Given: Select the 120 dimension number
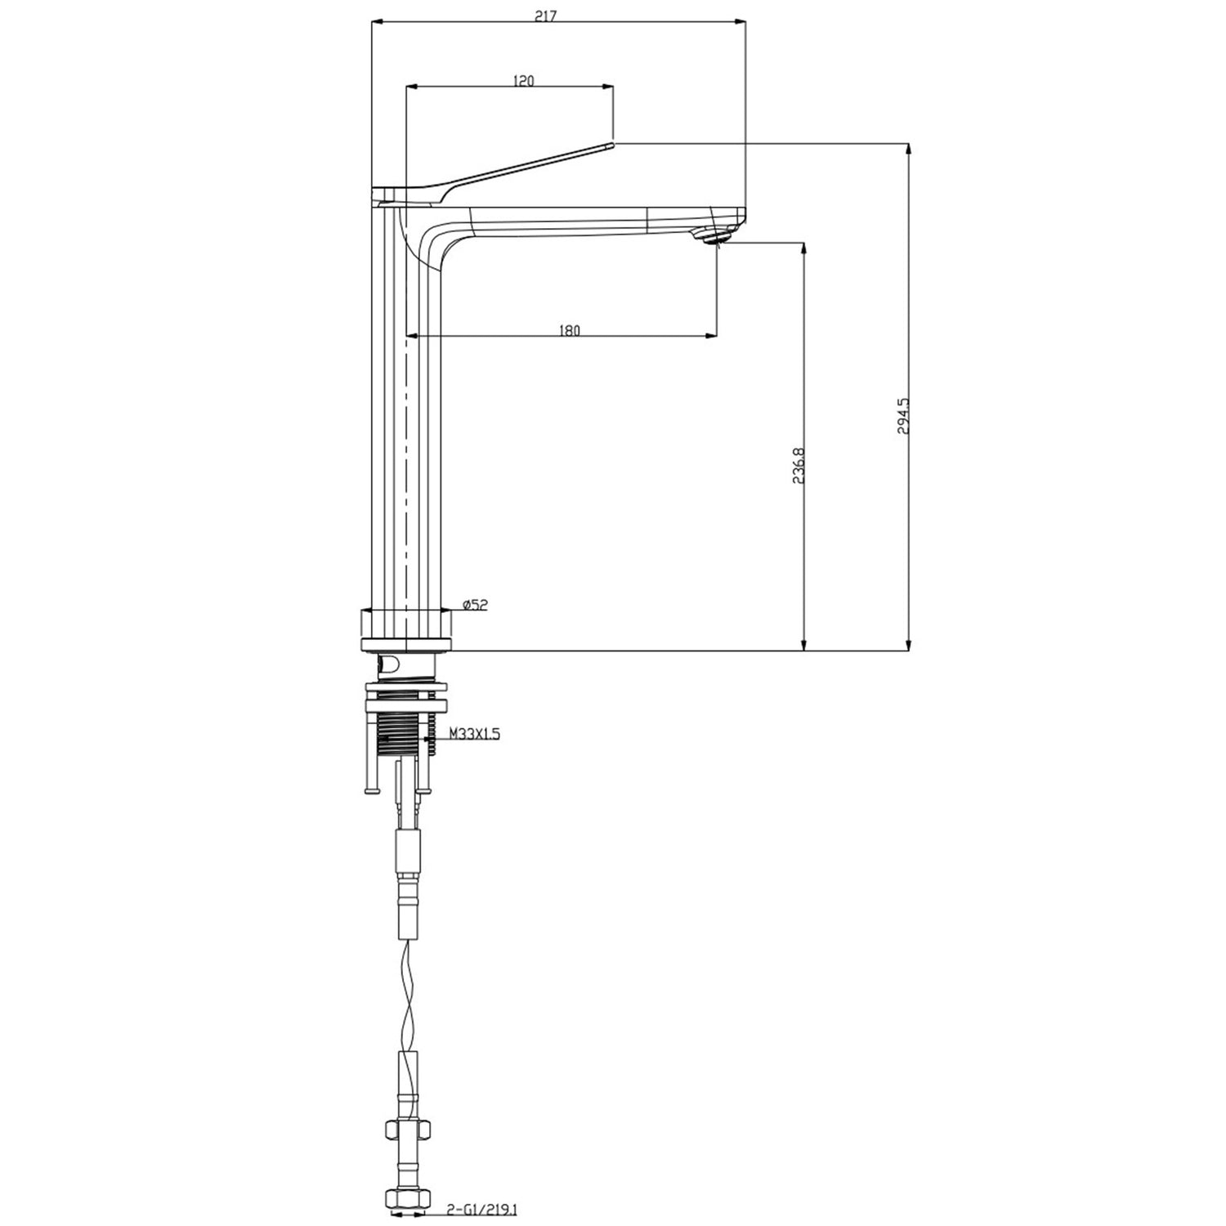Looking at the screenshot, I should [x=523, y=80].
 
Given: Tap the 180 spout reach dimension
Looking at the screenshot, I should [x=569, y=330].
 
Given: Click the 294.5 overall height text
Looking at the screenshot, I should [x=903, y=416].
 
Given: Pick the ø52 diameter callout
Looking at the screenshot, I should [x=475, y=605].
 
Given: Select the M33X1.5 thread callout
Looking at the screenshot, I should [x=473, y=734].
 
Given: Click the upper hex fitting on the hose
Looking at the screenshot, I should [x=406, y=1131].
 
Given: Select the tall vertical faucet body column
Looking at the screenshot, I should [x=405, y=409].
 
